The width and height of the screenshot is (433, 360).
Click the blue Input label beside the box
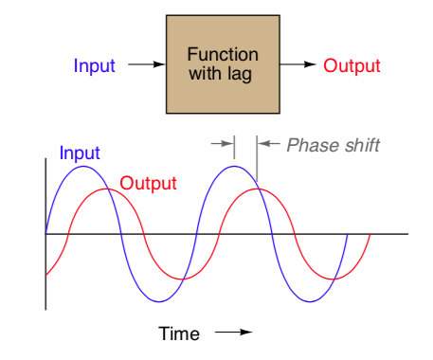coord(94,66)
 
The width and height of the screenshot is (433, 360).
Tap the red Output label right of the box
coord(352,66)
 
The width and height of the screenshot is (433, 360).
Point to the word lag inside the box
coord(241,76)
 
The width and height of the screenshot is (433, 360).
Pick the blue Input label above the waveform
coord(80,153)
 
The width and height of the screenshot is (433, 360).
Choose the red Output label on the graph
coord(149,183)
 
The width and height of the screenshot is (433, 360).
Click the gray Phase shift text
coord(333,145)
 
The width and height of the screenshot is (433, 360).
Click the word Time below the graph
coord(179,333)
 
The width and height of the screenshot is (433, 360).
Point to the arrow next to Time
coord(234,333)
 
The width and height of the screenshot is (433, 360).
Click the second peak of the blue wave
coord(234,166)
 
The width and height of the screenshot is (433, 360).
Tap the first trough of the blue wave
coord(159,301)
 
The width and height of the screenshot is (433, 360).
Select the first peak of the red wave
coord(107,189)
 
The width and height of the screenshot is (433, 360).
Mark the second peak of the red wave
coord(257,189)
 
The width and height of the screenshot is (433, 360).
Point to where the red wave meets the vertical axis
coord(45,276)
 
